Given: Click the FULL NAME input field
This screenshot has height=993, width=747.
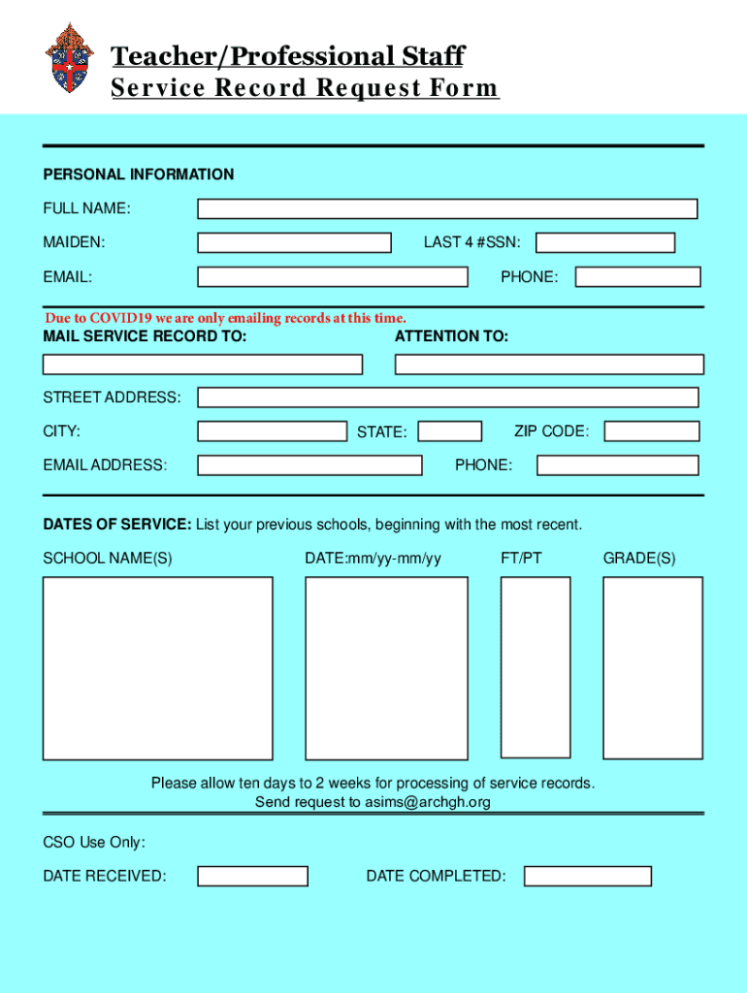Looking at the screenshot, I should pyautogui.click(x=447, y=208).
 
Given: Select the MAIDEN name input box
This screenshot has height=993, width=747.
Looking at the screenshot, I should pyautogui.click(x=294, y=242).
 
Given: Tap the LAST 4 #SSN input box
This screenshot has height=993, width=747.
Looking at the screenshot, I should pyautogui.click(x=605, y=242).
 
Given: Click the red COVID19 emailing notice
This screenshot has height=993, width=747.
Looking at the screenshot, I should pyautogui.click(x=225, y=318).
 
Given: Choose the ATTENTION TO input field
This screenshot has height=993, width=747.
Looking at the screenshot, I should pyautogui.click(x=549, y=365).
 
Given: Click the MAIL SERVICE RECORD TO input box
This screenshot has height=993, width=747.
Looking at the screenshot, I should pyautogui.click(x=202, y=365).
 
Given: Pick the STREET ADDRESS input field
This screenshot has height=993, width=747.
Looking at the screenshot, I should pyautogui.click(x=447, y=398).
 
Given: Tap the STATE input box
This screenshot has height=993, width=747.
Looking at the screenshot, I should pyautogui.click(x=449, y=432).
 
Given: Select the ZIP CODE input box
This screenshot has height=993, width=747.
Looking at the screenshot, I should pyautogui.click(x=652, y=432).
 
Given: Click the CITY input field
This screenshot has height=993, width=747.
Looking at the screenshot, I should pyautogui.click(x=272, y=432).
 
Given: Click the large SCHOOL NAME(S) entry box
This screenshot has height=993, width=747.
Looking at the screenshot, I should pyautogui.click(x=157, y=668).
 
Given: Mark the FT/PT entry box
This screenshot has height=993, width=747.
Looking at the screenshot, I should pyautogui.click(x=536, y=667).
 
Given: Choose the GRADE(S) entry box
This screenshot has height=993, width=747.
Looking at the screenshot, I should pyautogui.click(x=652, y=667).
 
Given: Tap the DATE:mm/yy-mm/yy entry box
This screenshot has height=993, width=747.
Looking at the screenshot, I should pyautogui.click(x=386, y=668).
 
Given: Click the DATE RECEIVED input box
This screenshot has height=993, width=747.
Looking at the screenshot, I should pyautogui.click(x=252, y=877).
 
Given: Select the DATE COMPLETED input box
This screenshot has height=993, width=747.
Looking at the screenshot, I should pyautogui.click(x=587, y=877).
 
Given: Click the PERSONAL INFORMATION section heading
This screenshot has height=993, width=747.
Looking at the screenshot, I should pyautogui.click(x=138, y=175).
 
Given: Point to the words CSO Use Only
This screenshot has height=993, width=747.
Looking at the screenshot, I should pyautogui.click(x=94, y=843).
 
